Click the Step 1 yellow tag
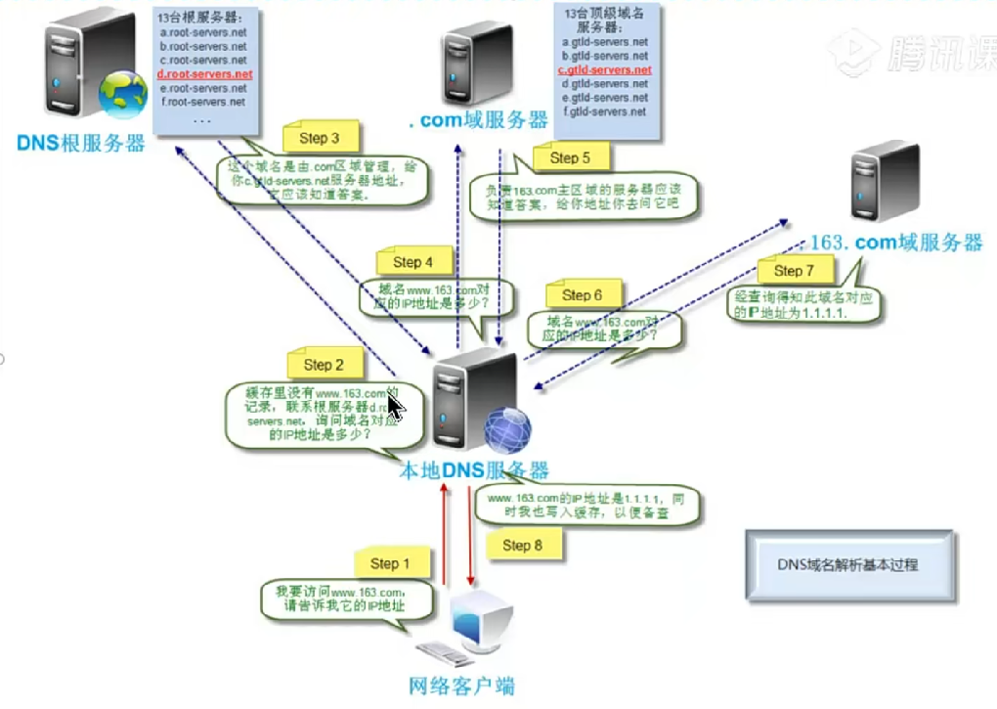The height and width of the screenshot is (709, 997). tap(385, 563)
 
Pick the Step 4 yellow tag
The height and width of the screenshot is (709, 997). tap(412, 262)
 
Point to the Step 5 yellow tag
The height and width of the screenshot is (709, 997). tap(570, 157)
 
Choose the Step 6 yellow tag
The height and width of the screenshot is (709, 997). tap(582, 295)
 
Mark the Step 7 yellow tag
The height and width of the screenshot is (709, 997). tap(794, 271)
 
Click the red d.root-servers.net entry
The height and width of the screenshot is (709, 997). tap(205, 74)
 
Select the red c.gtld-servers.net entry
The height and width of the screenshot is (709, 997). tap(605, 70)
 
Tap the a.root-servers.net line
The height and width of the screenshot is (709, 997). tap(203, 33)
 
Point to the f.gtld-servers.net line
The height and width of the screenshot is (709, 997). tap(605, 111)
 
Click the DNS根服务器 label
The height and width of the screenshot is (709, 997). tap(80, 144)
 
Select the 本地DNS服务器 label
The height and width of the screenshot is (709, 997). tap(474, 470)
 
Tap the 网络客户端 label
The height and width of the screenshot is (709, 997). tap(461, 686)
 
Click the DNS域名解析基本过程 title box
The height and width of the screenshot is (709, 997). tap(847, 564)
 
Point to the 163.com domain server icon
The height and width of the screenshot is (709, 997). tap(885, 182)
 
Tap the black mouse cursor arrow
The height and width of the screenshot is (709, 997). tap(395, 404)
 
